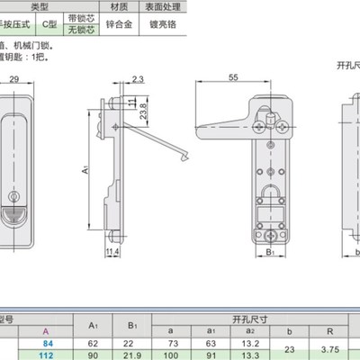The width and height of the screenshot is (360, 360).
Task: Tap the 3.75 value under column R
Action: (329, 349)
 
